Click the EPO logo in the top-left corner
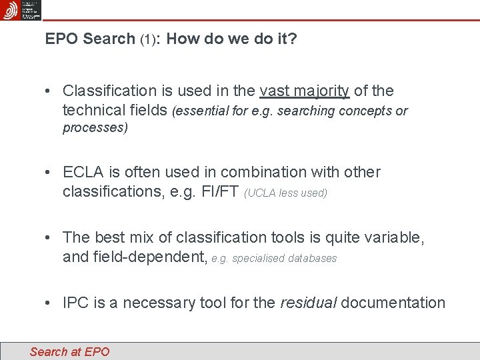(10, 10)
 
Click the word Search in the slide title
(109, 39)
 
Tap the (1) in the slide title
(149, 39)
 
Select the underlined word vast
(275, 91)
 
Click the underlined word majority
(322, 91)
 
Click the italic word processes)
(95, 128)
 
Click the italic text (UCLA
(261, 193)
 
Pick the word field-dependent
(134, 257)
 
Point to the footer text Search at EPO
(69, 351)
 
